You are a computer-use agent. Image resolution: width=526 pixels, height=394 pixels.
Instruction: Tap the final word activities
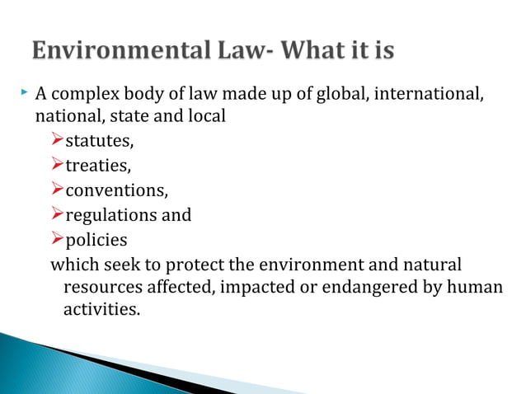point(96,311)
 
